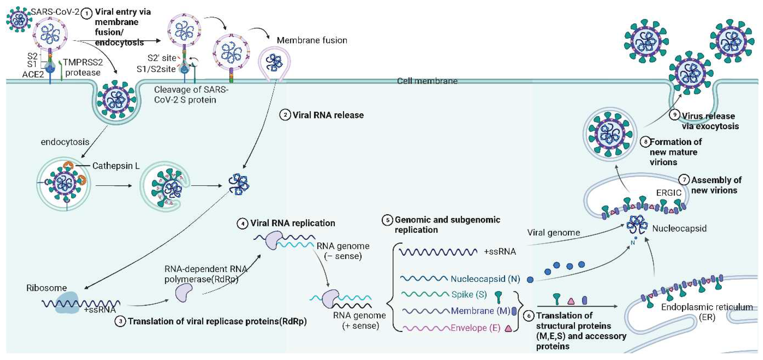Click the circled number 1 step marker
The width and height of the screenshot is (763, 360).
87,13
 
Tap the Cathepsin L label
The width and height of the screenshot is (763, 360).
116,166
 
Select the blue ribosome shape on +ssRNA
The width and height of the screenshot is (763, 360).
67,302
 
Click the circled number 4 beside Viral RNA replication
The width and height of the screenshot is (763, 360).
243,223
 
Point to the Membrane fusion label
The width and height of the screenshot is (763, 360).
312,40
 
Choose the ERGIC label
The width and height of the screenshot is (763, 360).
668,193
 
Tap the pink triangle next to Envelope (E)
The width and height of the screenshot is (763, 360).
508,328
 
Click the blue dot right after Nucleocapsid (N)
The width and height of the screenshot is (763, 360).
530,279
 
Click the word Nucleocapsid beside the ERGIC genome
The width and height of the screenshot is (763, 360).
679,228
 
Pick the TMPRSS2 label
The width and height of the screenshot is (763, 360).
83,62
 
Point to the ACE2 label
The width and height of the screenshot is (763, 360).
33,74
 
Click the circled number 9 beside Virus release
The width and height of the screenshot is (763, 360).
674,115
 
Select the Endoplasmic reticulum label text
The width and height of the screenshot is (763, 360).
707,307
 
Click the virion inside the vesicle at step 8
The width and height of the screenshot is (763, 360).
610,135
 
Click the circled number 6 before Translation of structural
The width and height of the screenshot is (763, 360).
529,316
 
